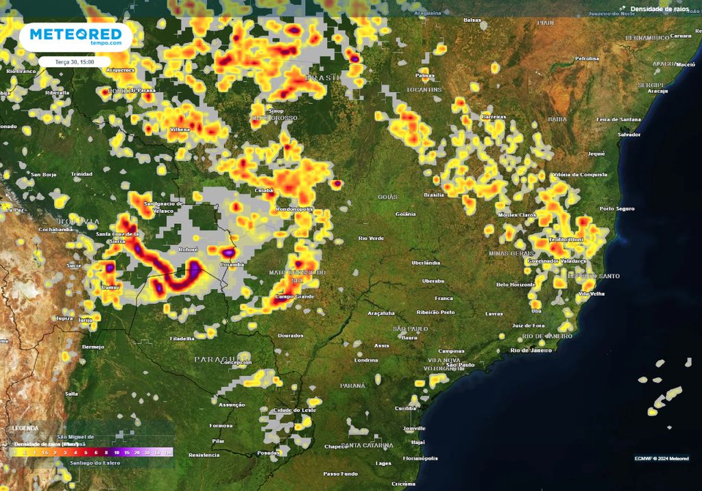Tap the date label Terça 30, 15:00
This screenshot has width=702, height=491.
pos(74,62)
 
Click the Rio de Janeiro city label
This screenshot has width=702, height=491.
pos(531,350)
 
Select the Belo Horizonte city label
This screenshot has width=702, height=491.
pos(516,284)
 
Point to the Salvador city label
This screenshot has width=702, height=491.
pos(629,134)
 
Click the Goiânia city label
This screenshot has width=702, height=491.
pos(405,214)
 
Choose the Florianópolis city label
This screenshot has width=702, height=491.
pos(420,457)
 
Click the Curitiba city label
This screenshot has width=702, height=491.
pos(405,408)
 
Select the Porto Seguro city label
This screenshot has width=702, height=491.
pos(617,208)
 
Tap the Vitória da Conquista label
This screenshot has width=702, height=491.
pos(579,175)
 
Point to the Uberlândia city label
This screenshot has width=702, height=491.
pos(425,262)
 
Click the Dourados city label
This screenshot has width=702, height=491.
pos(291,335)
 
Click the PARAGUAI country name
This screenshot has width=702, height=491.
pos(221,359)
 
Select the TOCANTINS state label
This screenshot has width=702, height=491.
pos(424,90)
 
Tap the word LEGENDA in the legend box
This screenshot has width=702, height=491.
pos(25,428)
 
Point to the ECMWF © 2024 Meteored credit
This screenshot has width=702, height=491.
pos(662,458)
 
